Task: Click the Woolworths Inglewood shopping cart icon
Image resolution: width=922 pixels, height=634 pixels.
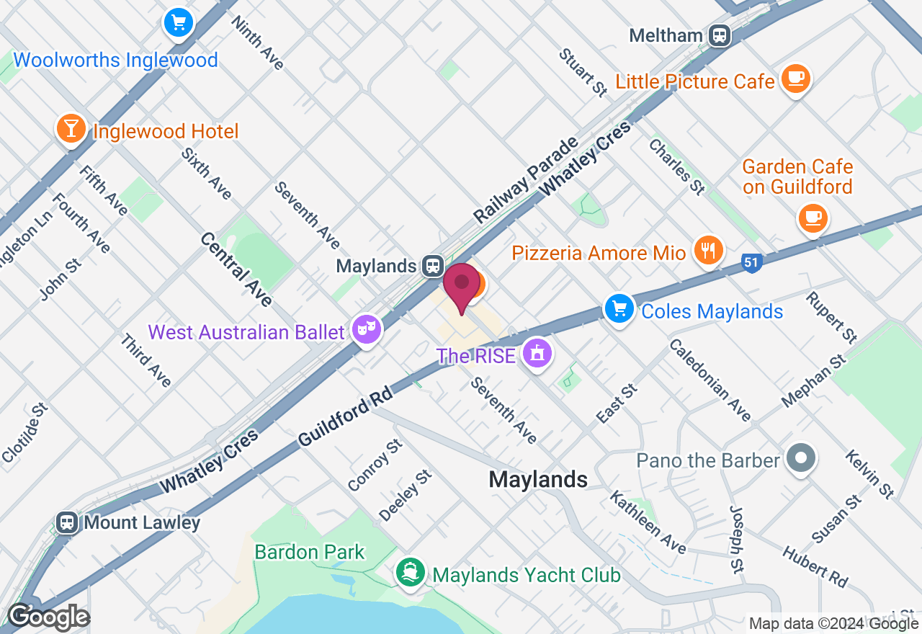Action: coord(177,22)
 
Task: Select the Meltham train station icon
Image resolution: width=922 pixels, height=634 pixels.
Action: coord(719,35)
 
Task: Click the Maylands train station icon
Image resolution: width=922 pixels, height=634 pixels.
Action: coord(432,266)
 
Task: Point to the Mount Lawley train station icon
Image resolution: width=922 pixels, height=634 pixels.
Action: coord(67,522)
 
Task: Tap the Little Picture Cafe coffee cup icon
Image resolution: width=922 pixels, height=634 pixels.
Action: coord(795,77)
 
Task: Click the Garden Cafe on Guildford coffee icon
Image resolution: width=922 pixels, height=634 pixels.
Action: coord(813,217)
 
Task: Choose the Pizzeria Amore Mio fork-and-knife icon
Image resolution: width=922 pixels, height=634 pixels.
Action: coord(709,250)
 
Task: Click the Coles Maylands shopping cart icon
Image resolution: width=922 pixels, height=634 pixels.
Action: coord(619,308)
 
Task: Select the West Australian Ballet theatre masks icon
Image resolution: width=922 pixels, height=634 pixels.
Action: coord(367,330)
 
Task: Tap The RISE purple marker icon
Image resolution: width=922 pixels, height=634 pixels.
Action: coord(537,354)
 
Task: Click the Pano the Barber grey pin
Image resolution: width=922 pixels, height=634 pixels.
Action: coord(800,457)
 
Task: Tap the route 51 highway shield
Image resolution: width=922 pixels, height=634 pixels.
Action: coord(751,264)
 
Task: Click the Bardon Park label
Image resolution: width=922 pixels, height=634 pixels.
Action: coord(310,553)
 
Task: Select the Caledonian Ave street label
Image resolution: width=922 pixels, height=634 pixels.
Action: coord(710,380)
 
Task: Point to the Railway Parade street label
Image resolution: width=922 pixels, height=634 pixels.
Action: coord(527,179)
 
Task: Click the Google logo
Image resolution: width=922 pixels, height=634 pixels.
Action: coord(48,617)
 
